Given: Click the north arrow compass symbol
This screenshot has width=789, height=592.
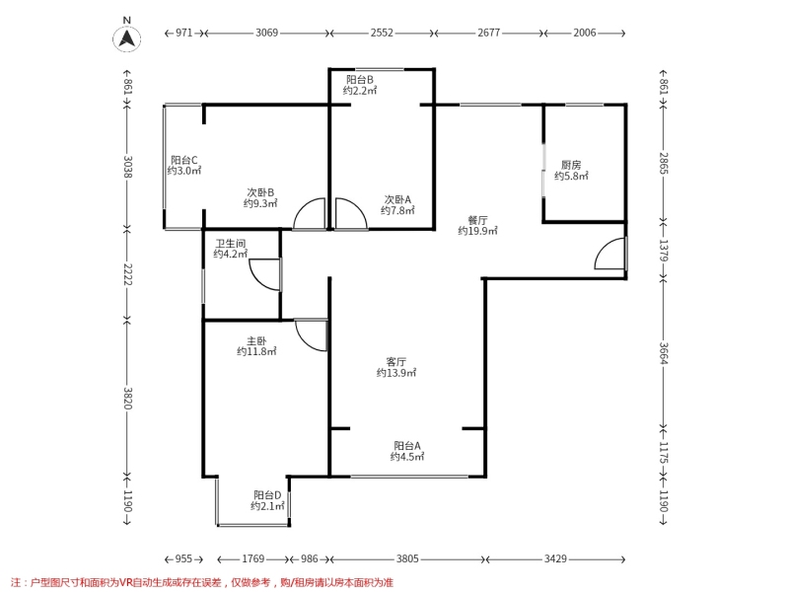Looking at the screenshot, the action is point(127,38).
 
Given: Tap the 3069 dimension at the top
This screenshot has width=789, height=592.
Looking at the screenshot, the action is point(266,33).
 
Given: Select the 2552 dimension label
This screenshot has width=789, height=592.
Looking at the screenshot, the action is point(382,33).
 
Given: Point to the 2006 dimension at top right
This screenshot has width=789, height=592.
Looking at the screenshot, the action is point(584,33).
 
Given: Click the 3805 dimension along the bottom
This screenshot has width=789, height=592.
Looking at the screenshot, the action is point(407,558).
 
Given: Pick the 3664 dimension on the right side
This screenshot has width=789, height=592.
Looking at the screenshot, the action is point(664,353).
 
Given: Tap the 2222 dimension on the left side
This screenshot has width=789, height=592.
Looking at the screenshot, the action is point(127,274).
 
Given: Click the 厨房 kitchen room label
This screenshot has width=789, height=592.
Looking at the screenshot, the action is point(571,165).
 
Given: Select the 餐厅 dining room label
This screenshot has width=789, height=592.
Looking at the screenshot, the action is point(477,220).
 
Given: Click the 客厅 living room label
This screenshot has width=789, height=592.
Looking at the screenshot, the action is point(396,362).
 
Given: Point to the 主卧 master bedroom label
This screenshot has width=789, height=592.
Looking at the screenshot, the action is point(256,340).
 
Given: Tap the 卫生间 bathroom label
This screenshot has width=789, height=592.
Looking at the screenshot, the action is point(231,243).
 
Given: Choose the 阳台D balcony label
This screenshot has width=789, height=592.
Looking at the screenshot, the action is point(267,495).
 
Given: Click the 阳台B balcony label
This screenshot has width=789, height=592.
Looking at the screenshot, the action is point(360,80).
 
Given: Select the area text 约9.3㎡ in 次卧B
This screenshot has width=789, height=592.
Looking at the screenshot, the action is point(260,203).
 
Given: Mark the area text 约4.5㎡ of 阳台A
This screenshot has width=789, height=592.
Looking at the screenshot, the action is point(407,457).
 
